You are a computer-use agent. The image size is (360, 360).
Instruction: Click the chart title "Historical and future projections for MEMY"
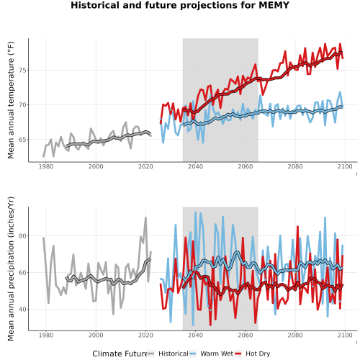pyautogui.click(x=180, y=5)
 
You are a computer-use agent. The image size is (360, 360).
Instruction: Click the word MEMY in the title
pyautogui.click(x=274, y=5)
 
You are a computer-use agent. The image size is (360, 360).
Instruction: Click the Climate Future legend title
pyautogui.click(x=120, y=354)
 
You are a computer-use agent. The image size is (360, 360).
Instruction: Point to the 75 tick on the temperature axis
pyautogui.click(x=22, y=71)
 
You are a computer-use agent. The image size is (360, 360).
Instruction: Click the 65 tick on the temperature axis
pyautogui.click(x=22, y=140)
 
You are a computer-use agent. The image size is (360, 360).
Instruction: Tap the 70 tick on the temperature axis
pyautogui.click(x=22, y=105)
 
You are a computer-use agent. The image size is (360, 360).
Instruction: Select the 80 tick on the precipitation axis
pyautogui.click(x=22, y=236)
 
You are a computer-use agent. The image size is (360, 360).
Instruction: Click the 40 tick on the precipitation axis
pyautogui.click(x=22, y=310)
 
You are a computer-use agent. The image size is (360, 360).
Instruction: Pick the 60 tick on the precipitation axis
pyautogui.click(x=22, y=273)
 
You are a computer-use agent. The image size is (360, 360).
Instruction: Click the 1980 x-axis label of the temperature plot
pyautogui.click(x=46, y=166)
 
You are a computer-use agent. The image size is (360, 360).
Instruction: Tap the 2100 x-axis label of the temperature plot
pyautogui.click(x=345, y=166)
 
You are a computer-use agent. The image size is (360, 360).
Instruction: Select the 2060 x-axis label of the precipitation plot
pyautogui.click(x=246, y=335)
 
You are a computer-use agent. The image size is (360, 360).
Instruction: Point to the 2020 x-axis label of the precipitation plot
pyautogui.click(x=145, y=335)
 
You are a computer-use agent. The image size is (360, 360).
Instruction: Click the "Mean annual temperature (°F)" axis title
pyautogui.click(x=11, y=100)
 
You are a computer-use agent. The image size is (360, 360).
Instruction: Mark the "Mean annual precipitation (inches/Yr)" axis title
pyautogui.click(x=11, y=269)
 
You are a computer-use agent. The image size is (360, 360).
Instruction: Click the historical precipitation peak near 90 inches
pyautogui.click(x=145, y=217)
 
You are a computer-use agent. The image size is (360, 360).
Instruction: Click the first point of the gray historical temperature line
pyautogui.click(x=43, y=156)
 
